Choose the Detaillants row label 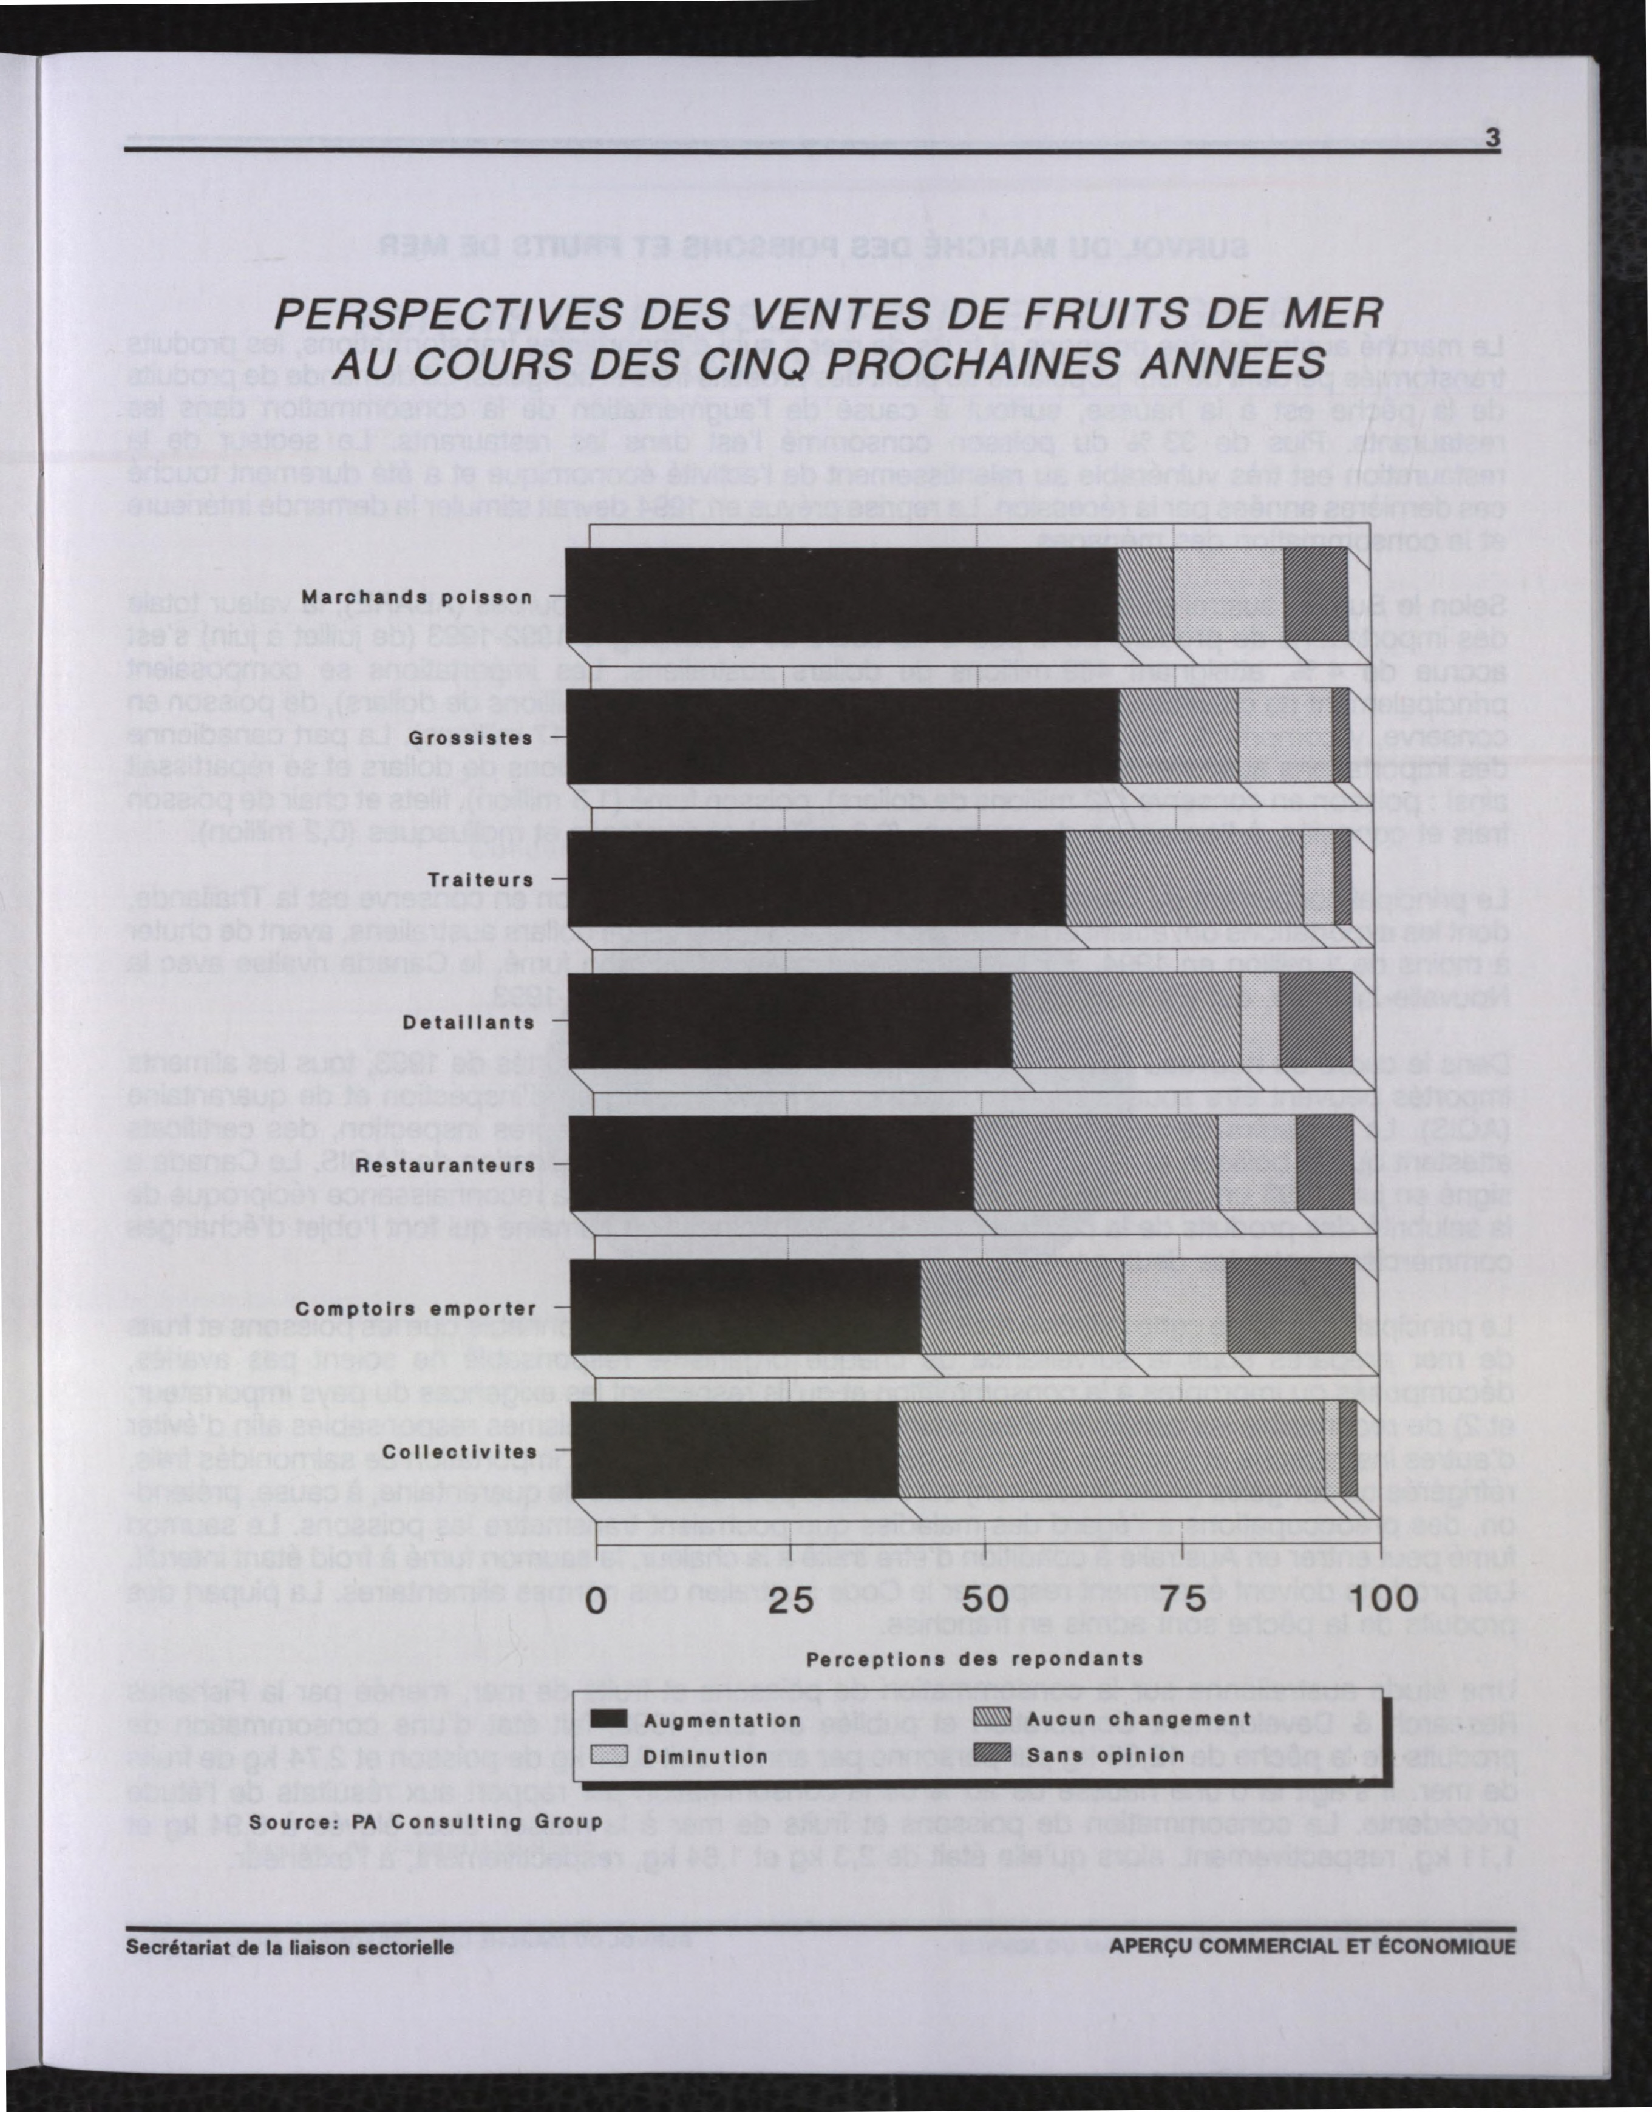click(x=468, y=1022)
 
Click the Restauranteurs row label click(x=445, y=1166)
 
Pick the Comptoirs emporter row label click(x=416, y=1308)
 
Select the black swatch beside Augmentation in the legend click(x=610, y=1719)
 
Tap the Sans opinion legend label click(x=1106, y=1754)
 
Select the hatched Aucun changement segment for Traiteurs click(x=1184, y=880)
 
